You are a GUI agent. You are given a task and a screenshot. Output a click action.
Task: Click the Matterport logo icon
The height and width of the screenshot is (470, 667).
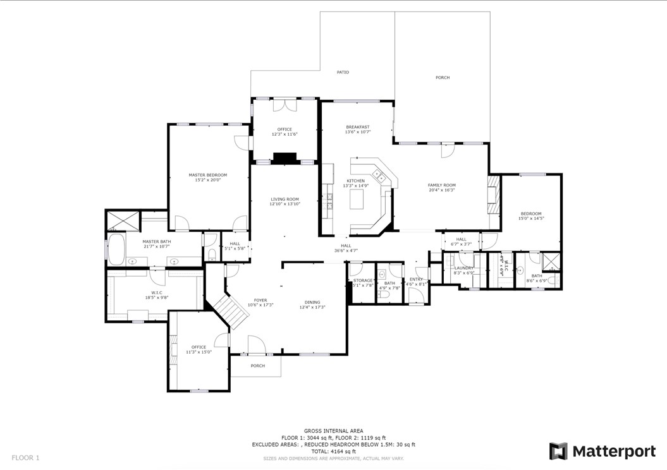558,451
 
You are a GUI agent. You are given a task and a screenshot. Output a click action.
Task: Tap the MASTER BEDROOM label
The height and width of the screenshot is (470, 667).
207,175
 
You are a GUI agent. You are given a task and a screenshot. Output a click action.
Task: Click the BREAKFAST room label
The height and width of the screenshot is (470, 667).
357,127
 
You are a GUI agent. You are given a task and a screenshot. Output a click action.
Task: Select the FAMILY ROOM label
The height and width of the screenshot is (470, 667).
441,185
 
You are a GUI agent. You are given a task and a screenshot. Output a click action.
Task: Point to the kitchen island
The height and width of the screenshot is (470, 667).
358,199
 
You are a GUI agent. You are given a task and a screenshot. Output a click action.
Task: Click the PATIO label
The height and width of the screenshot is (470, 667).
343,73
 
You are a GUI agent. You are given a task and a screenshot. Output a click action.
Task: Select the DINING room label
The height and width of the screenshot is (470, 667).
312,302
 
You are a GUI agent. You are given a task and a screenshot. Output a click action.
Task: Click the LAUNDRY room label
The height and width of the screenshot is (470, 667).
463,268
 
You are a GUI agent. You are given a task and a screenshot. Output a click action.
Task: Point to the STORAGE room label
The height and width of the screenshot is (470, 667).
363,280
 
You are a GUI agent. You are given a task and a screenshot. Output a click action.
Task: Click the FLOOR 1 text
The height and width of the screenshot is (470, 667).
25,457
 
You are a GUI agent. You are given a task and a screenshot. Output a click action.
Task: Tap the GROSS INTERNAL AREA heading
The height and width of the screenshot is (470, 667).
333,431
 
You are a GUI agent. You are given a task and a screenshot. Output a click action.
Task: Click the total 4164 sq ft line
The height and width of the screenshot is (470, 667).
333,452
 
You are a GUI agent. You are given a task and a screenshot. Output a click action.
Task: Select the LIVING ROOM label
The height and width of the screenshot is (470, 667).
285,199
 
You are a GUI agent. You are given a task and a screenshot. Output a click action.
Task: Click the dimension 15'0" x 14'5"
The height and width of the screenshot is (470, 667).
531,219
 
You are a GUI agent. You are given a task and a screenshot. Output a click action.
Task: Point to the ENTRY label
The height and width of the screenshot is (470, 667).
416,279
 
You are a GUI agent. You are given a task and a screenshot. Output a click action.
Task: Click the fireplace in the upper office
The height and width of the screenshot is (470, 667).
281,158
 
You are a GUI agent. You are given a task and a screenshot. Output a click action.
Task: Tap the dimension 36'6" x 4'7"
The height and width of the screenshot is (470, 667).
346,251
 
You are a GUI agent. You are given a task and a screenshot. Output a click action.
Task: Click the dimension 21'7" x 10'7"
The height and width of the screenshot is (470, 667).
155,246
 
